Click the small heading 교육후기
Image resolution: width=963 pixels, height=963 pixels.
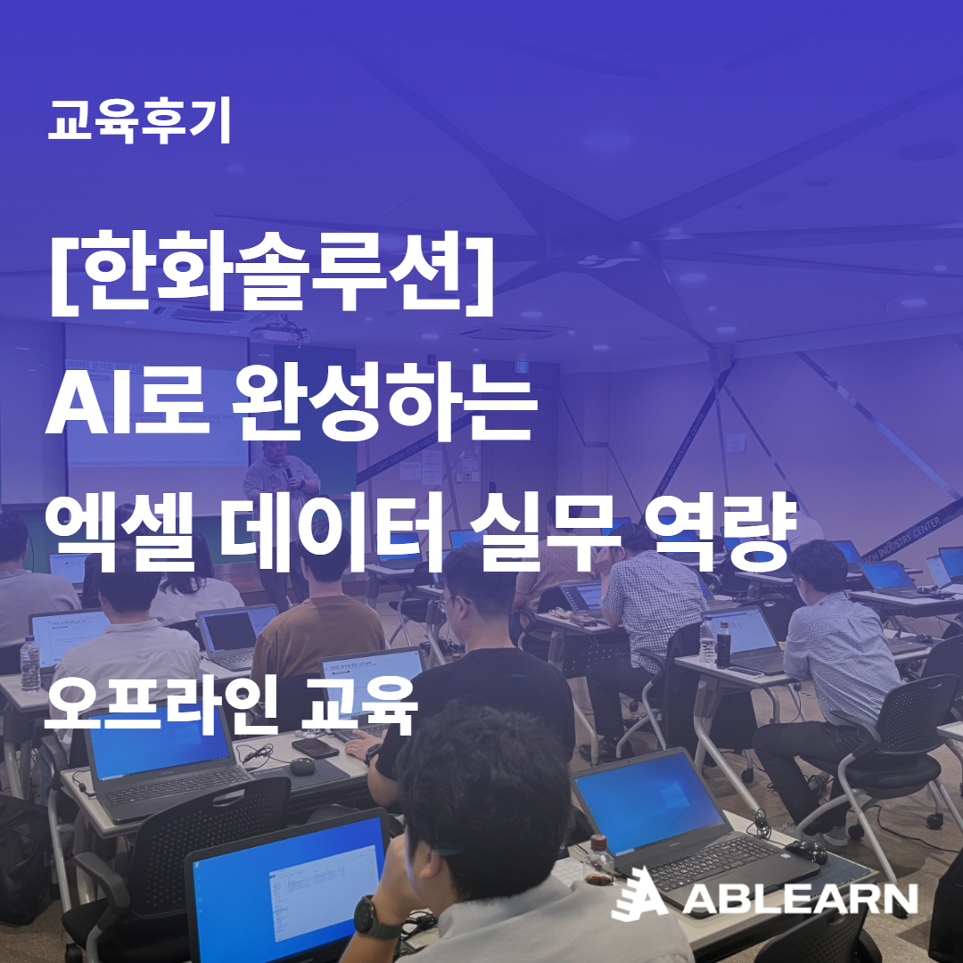139,123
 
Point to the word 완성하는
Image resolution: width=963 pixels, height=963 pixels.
384,408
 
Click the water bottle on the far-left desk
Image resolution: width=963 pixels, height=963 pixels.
30,663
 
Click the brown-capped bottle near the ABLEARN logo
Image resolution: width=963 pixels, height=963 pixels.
598,858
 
